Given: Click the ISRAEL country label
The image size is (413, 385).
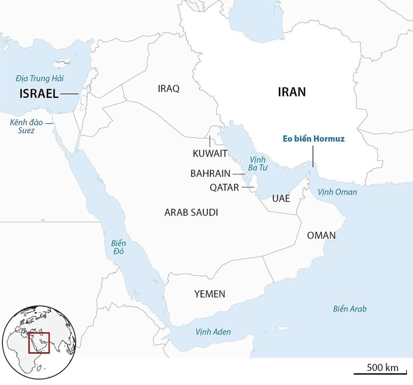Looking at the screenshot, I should [x=39, y=94].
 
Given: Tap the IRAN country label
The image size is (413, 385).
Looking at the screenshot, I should [x=292, y=92].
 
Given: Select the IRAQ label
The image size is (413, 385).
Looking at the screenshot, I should [x=168, y=89].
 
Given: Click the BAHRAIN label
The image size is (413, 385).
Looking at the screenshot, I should [x=210, y=174].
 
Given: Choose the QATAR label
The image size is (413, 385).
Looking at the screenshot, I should [x=225, y=188].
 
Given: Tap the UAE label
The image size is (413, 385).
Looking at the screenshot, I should [x=281, y=199].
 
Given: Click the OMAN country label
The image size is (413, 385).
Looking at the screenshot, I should [x=321, y=236].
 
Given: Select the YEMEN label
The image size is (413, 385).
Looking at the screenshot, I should [x=210, y=294].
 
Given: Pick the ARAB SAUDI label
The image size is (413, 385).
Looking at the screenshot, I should [x=191, y=213].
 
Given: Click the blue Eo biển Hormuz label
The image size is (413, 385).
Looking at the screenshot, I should [x=314, y=139].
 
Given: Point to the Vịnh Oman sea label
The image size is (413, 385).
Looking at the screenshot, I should [x=338, y=192].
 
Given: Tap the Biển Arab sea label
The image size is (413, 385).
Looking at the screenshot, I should [x=350, y=308].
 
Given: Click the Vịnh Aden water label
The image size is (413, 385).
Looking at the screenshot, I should [x=213, y=333].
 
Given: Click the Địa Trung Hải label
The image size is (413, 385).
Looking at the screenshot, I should [x=40, y=78].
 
